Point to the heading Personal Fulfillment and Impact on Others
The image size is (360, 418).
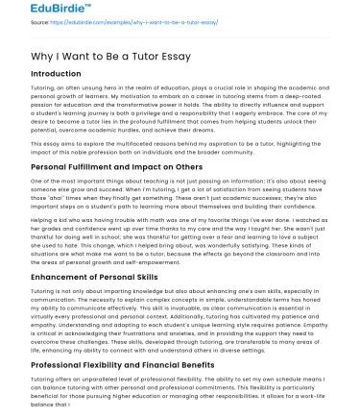(x=114, y=167)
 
